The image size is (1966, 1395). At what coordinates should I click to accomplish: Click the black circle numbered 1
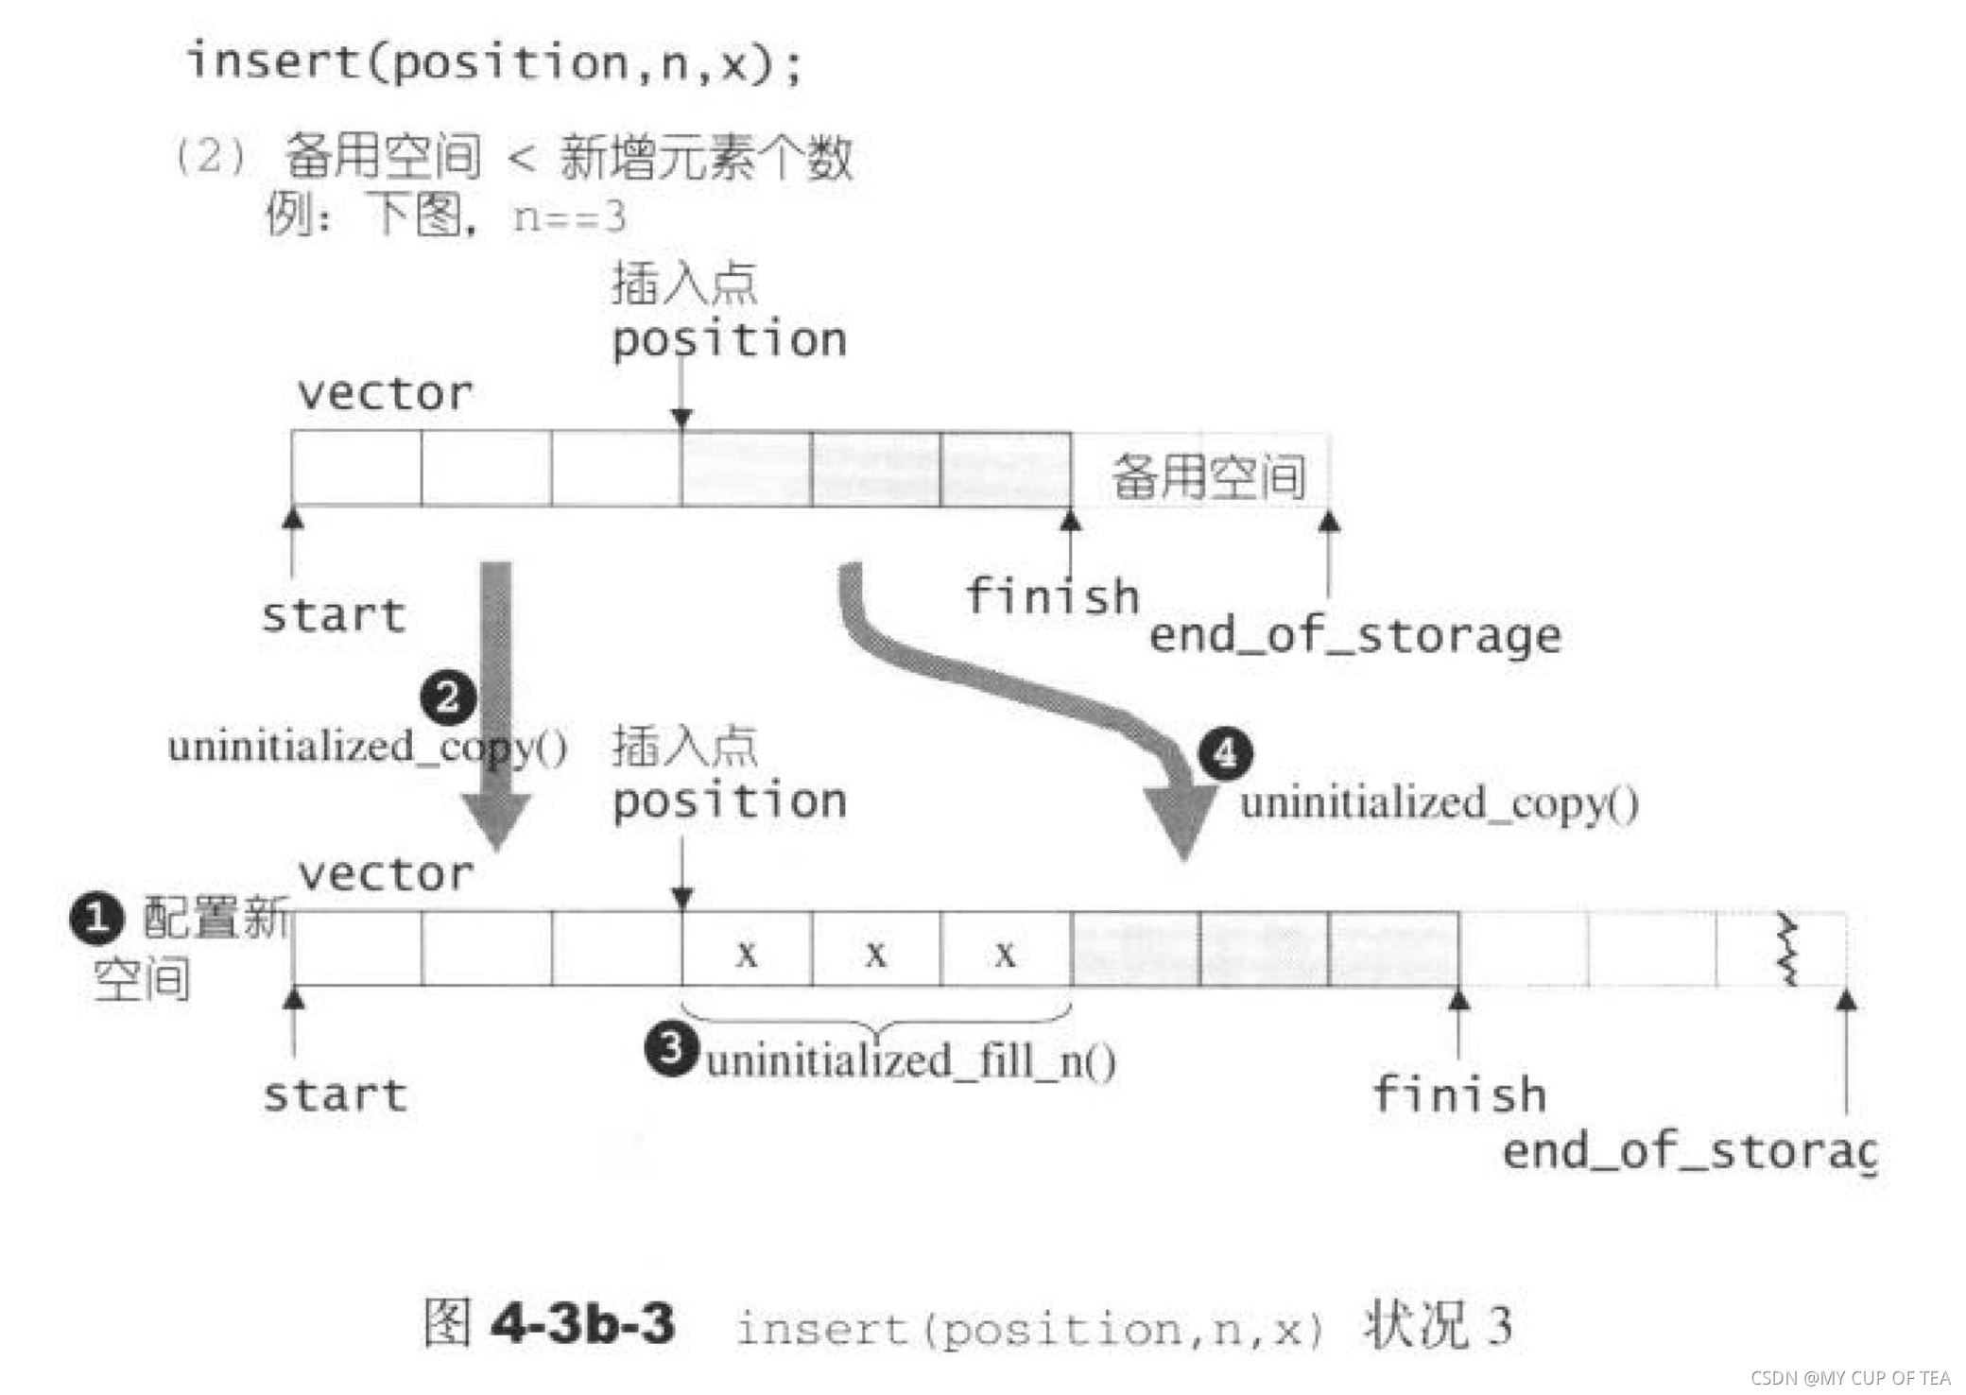point(96,919)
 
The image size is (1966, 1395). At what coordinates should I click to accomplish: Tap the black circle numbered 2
point(448,697)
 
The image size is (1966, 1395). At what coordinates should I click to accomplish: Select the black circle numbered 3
point(671,1048)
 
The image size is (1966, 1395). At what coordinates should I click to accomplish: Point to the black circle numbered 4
point(1225,753)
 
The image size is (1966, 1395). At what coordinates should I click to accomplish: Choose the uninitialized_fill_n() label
point(911,1060)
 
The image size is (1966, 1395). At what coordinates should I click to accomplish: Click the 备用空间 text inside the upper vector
point(1209,475)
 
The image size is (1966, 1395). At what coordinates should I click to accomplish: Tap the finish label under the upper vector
point(1052,597)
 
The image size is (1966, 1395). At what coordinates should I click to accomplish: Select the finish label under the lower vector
point(1459,1094)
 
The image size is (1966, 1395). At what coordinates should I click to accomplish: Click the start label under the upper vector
point(334,616)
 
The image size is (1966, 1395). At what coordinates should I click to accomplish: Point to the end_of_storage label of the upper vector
point(1354,635)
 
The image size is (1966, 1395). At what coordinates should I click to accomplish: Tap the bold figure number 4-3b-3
point(583,1322)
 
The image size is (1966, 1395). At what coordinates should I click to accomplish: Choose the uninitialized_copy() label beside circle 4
point(1439,803)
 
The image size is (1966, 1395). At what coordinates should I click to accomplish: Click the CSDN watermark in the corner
point(1850,1377)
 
